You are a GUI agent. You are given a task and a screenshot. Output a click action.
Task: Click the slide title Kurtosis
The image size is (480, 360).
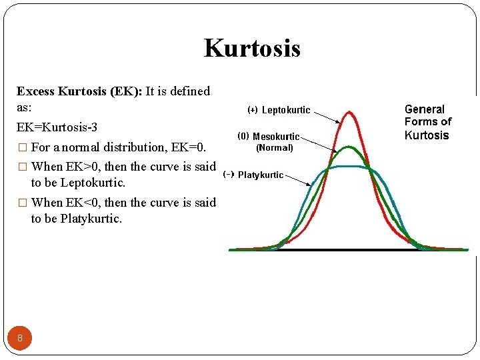[252, 48]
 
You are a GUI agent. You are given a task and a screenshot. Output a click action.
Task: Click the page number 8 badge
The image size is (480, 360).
[20, 338]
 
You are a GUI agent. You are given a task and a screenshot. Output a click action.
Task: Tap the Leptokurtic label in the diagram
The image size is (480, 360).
[285, 110]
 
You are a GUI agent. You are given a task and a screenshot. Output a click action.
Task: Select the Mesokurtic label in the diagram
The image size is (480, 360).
[276, 136]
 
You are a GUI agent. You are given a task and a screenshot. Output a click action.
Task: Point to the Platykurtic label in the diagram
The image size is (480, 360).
[261, 175]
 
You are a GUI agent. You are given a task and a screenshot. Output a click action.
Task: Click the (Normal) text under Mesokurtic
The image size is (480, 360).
[275, 147]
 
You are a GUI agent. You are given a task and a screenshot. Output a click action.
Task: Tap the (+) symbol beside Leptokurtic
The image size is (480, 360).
[253, 110]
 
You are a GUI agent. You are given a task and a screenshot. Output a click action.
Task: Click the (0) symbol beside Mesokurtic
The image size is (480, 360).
[243, 135]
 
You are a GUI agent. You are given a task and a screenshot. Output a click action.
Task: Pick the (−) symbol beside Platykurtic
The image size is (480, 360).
[229, 174]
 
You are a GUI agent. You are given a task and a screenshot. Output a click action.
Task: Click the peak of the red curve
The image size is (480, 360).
[348, 113]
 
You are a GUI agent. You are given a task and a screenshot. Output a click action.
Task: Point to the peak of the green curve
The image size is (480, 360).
[347, 147]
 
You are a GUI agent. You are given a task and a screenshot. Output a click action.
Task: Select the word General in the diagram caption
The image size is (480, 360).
[425, 109]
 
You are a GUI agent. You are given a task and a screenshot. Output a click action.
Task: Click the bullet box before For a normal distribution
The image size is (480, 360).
[21, 147]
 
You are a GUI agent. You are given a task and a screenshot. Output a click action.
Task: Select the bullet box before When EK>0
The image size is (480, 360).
[21, 167]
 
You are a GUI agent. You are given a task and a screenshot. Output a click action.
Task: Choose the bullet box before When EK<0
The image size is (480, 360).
[21, 203]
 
